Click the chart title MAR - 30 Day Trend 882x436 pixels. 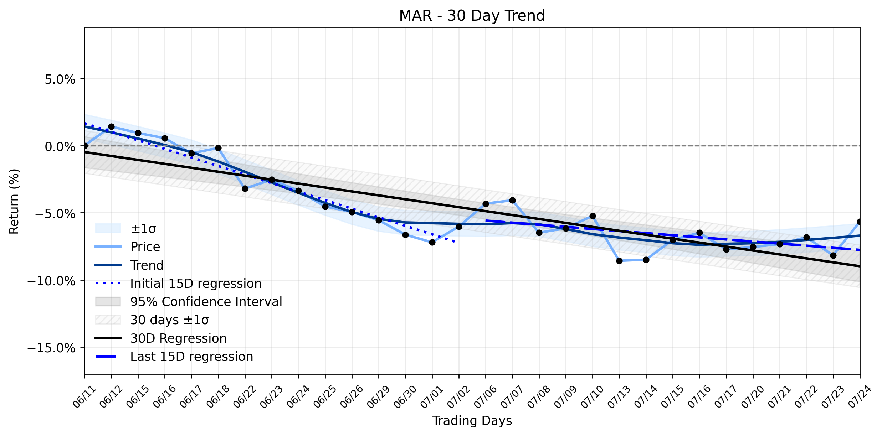[x=472, y=16]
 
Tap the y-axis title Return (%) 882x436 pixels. [x=14, y=201]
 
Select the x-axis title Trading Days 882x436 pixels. [x=472, y=421]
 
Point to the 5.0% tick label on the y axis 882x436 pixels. [x=60, y=79]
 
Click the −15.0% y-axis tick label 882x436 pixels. [x=52, y=348]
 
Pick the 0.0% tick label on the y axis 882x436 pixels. [x=60, y=146]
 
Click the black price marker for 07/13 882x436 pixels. [x=619, y=261]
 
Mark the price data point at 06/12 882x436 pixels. [x=111, y=126]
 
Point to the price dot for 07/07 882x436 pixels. [x=512, y=200]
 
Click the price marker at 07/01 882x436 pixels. [x=432, y=242]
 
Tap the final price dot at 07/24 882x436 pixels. [x=860, y=222]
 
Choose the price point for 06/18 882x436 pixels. [x=218, y=148]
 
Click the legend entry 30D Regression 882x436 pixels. [x=161, y=338]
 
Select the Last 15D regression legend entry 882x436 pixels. [x=174, y=356]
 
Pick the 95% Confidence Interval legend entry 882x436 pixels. [x=189, y=302]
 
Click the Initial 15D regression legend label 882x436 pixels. [x=196, y=284]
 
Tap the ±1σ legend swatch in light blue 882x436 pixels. [x=108, y=228]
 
